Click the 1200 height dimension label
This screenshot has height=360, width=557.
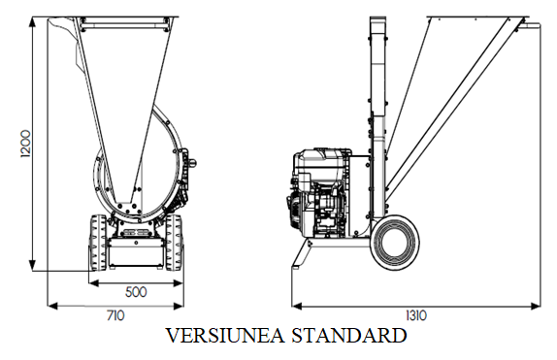[x=26, y=144]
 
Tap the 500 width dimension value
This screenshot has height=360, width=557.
[x=136, y=292]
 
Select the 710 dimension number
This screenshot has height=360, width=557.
[x=115, y=315]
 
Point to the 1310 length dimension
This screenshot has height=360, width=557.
[x=416, y=315]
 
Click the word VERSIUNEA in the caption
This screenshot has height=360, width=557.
[x=225, y=335]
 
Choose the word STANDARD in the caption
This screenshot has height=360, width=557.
[x=349, y=335]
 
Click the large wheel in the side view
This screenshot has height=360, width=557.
[x=394, y=242]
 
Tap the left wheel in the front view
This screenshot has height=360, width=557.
[x=98, y=243]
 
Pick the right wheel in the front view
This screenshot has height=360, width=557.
[x=174, y=243]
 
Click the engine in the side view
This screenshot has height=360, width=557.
[x=321, y=193]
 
